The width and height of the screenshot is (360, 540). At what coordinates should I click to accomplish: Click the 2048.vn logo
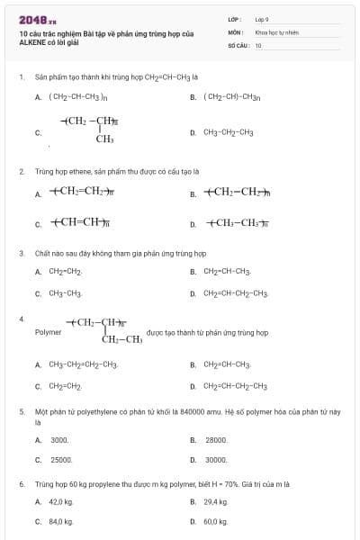tap(37, 20)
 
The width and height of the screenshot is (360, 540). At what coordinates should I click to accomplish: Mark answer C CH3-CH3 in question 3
tap(66, 293)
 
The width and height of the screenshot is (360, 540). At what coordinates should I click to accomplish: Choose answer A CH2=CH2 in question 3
tap(66, 271)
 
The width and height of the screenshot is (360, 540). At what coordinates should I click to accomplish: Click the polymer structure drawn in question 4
tap(103, 330)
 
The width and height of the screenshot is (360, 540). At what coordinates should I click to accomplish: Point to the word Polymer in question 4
tap(48, 332)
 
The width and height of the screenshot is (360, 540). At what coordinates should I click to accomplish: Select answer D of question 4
tap(235, 386)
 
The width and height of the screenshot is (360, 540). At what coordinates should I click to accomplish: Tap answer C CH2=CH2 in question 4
tap(65, 386)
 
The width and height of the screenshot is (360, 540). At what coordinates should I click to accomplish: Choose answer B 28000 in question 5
tap(216, 440)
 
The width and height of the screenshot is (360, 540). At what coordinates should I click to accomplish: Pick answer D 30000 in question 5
tap(216, 460)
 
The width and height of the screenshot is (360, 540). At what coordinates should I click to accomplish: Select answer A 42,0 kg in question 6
tap(60, 501)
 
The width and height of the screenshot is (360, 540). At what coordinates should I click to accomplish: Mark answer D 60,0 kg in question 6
tap(215, 521)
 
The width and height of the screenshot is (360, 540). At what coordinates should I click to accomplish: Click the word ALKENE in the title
tap(32, 41)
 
